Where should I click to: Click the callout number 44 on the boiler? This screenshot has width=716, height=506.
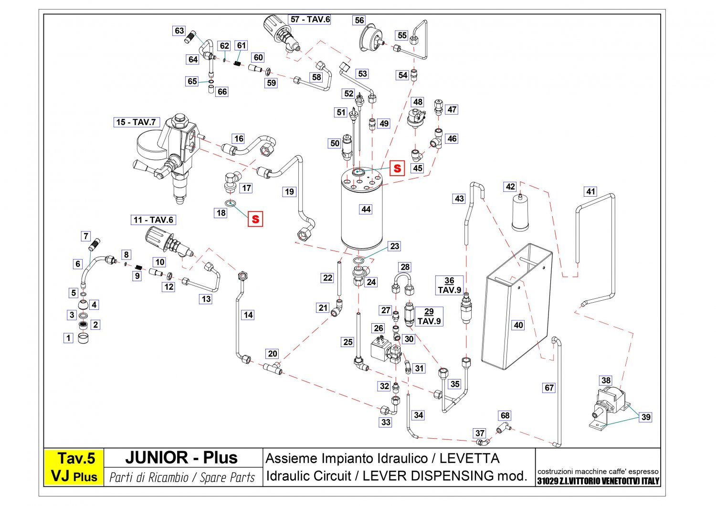tap(366, 209)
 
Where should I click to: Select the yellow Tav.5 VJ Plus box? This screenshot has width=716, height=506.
tap(74, 467)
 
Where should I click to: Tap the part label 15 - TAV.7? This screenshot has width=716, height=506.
tap(136, 122)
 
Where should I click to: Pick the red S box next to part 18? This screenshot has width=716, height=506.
tap(255, 219)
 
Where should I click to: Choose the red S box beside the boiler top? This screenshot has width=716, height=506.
tap(397, 169)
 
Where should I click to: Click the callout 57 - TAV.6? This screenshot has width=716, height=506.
tap(310, 20)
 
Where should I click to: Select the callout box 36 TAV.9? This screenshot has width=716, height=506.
tap(449, 285)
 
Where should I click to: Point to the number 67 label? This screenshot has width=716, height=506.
tap(549, 388)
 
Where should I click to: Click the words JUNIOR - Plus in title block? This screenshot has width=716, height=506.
tap(181, 458)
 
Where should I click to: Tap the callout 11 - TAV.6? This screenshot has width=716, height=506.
tap(153, 220)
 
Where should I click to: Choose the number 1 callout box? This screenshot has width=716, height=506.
tap(68, 338)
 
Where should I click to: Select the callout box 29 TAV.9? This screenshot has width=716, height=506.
tap(429, 316)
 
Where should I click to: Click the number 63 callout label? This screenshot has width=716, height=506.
tap(179, 31)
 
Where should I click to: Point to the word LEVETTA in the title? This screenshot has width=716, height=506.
tap(469, 459)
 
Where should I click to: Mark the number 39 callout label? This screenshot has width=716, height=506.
tap(646, 417)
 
